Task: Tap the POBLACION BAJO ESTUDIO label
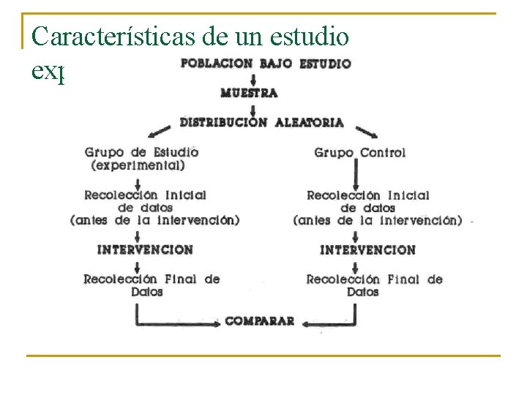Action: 265,63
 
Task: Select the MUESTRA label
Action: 249,93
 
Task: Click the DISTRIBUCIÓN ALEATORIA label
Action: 261,122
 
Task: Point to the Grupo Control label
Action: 359,153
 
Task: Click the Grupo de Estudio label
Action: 141,152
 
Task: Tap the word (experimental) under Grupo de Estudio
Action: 138,165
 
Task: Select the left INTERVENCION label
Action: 145,249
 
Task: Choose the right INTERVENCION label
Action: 367,249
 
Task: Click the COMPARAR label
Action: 260,320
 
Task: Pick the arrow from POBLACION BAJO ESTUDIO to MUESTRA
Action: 253,78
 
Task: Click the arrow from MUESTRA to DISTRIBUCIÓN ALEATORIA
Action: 253,108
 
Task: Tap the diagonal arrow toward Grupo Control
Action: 367,132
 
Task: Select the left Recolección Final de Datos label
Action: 151,285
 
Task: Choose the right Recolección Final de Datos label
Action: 374,285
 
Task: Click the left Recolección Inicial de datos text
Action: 146,201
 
